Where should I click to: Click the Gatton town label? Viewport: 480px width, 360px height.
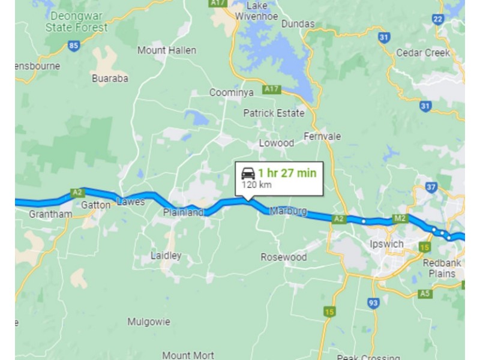(x=96, y=205)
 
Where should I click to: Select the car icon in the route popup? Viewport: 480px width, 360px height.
(x=248, y=173)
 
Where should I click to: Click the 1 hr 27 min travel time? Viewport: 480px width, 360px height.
(x=287, y=173)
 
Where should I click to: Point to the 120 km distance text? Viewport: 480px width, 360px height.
(x=257, y=185)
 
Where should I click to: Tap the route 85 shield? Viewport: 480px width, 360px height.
(x=74, y=45)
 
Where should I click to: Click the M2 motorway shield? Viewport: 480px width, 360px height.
(x=400, y=218)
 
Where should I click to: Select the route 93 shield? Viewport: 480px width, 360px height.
(x=374, y=303)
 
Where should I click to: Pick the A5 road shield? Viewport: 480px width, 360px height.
(x=425, y=293)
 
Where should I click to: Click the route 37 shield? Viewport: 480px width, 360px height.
(x=431, y=187)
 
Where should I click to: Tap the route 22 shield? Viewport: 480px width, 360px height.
(x=438, y=19)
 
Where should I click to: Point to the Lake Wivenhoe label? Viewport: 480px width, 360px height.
(x=256, y=11)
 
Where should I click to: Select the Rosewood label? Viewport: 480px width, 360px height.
(x=283, y=257)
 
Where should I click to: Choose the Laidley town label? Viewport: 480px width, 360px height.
(x=166, y=255)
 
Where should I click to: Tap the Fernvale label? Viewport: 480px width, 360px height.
(x=322, y=136)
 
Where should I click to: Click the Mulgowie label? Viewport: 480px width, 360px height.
(x=148, y=322)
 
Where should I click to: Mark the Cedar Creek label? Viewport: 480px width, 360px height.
(x=423, y=53)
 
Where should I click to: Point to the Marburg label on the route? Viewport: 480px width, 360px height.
(x=288, y=211)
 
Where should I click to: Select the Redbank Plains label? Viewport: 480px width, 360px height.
(x=447, y=268)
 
